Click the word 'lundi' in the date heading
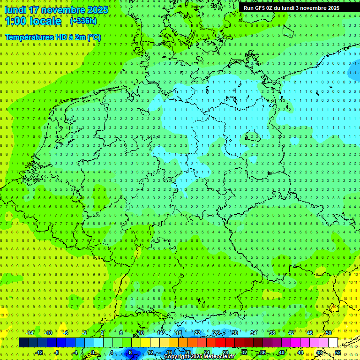coord(15,10)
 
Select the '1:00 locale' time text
coord(33,21)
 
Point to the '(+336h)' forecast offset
coord(83,21)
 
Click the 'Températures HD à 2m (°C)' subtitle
coord(53,37)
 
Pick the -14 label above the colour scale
coord(30,333)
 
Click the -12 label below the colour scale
coord(39,352)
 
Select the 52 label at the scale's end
coord(337,352)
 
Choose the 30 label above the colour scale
coord(234,333)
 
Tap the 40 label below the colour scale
coord(281,352)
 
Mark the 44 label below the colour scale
coord(300,352)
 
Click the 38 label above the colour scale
coord(272,333)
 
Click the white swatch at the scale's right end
coord(333,343)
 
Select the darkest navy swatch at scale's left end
coord(23,343)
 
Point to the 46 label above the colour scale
coord(310,333)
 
